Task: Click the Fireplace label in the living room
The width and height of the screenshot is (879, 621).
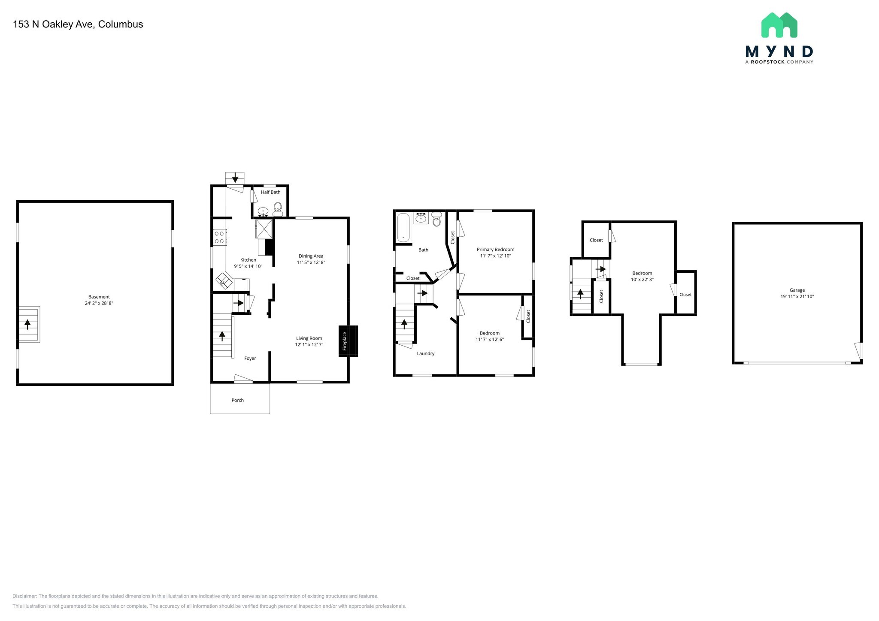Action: (x=344, y=341)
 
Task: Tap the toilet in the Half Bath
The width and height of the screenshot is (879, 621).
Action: (x=278, y=209)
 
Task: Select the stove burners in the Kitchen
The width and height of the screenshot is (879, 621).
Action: (x=220, y=238)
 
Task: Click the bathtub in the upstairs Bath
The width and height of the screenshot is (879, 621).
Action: (x=403, y=228)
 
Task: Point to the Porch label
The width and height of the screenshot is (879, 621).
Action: (x=237, y=400)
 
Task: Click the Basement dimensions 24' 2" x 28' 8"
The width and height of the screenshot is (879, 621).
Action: (x=99, y=303)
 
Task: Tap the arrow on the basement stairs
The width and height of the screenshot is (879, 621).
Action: (x=28, y=324)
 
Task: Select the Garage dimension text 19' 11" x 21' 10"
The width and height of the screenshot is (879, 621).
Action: (x=797, y=296)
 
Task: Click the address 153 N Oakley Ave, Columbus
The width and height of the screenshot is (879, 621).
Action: (x=78, y=24)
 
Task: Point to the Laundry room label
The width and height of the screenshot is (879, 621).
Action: (x=425, y=353)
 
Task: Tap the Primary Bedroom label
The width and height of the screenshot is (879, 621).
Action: (x=495, y=249)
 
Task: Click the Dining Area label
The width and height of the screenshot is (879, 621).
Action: (x=311, y=256)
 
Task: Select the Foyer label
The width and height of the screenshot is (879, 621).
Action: (x=250, y=358)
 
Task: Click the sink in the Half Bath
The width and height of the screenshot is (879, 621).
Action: (x=263, y=211)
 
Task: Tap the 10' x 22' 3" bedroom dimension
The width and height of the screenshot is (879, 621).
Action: (x=642, y=280)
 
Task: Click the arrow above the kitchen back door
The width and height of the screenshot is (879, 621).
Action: (x=235, y=178)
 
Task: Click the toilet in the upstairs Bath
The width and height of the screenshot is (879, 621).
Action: (x=436, y=220)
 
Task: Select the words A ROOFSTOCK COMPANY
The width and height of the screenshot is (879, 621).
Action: (x=779, y=62)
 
